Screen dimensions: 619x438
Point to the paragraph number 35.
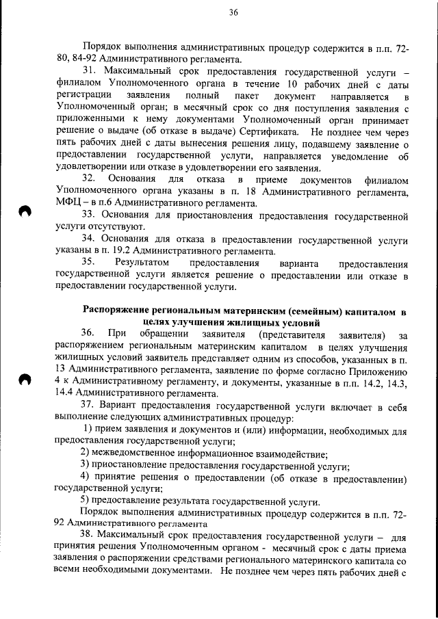90,263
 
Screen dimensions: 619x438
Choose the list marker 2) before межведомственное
85,455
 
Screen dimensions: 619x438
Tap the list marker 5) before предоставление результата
85,501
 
